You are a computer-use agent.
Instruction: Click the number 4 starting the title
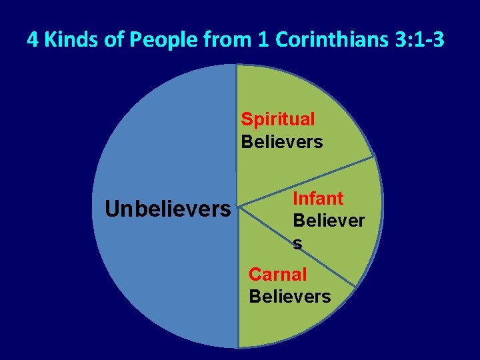32,41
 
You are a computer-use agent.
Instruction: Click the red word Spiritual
278,119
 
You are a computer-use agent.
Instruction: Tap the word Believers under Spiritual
281,142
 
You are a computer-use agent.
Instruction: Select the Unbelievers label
167,209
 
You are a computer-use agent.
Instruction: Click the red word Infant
318,199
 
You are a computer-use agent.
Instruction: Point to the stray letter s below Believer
297,244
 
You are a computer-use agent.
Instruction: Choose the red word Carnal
277,274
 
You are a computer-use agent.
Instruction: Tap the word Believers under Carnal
289,296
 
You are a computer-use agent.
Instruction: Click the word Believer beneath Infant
329,221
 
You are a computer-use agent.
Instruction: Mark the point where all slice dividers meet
238,206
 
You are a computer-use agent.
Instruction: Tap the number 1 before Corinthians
263,41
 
